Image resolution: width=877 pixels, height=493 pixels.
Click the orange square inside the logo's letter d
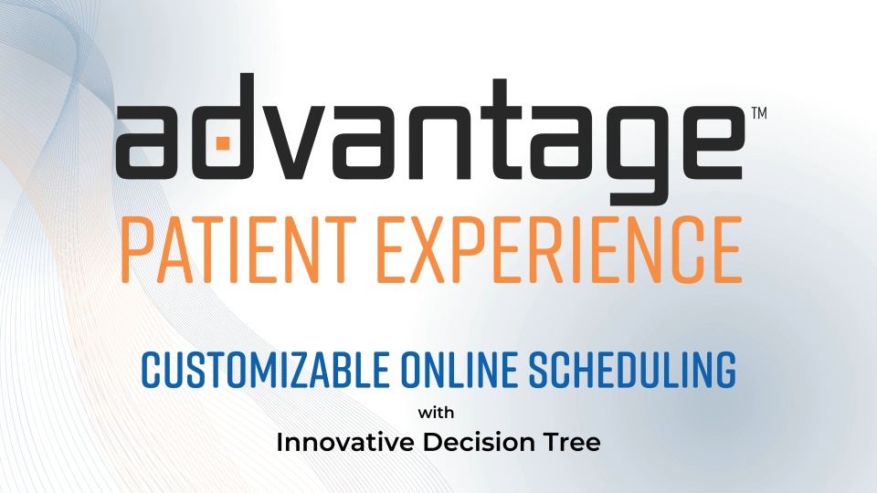223,143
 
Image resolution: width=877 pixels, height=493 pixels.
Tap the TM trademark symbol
759,113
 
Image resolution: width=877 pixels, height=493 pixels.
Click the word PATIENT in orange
238,250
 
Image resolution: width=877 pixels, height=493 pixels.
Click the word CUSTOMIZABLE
265,370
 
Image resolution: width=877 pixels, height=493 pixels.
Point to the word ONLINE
459,370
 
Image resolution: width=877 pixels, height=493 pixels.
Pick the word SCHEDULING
632,370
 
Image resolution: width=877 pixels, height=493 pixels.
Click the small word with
437,413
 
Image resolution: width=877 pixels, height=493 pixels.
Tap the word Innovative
345,442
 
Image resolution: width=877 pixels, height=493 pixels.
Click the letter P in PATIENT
138,250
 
